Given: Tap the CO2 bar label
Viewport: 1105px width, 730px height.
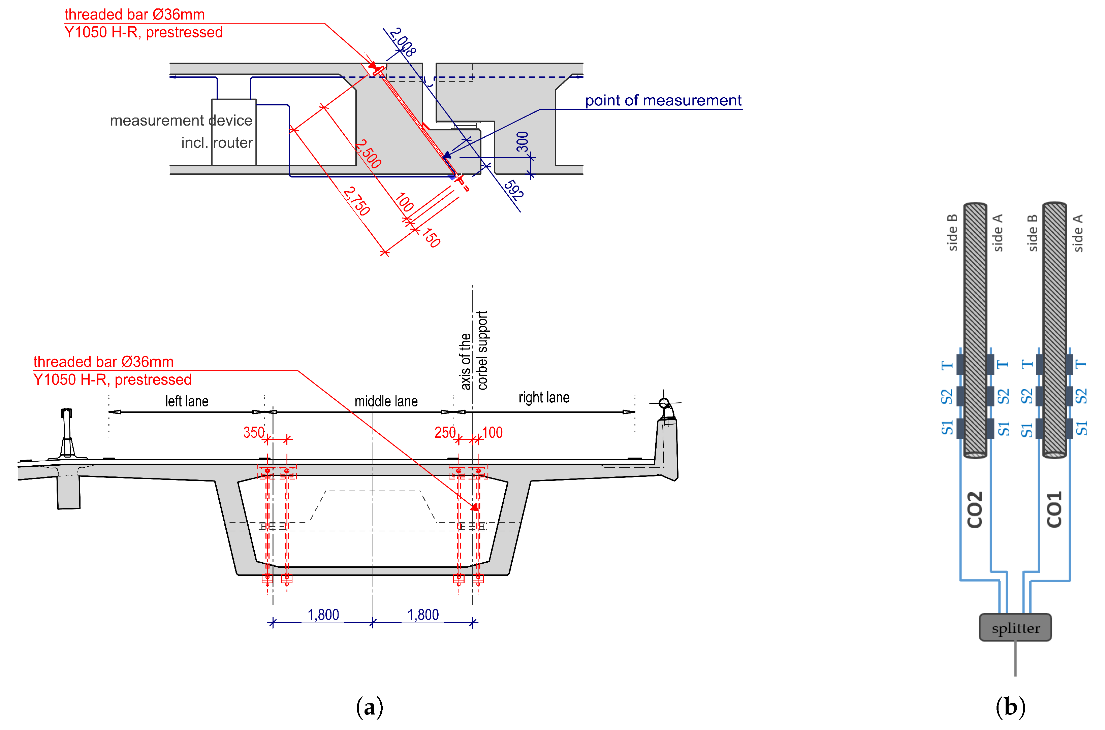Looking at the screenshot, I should [x=974, y=509].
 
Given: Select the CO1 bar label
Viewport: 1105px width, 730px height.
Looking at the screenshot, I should [x=1054, y=509].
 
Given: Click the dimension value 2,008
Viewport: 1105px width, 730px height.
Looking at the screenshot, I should [x=403, y=42].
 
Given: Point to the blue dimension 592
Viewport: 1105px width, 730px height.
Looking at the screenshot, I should [x=514, y=190].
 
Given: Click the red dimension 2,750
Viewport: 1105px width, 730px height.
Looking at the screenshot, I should [x=357, y=201].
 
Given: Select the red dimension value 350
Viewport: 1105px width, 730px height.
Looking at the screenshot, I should [x=254, y=432].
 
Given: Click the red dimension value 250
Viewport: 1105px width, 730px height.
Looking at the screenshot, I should [x=445, y=432].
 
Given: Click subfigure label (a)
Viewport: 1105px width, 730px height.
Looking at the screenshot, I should [x=369, y=707].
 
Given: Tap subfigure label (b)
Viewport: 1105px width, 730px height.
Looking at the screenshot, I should [x=1010, y=707].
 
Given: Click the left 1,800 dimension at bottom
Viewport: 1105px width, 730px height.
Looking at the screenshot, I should [x=323, y=615].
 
